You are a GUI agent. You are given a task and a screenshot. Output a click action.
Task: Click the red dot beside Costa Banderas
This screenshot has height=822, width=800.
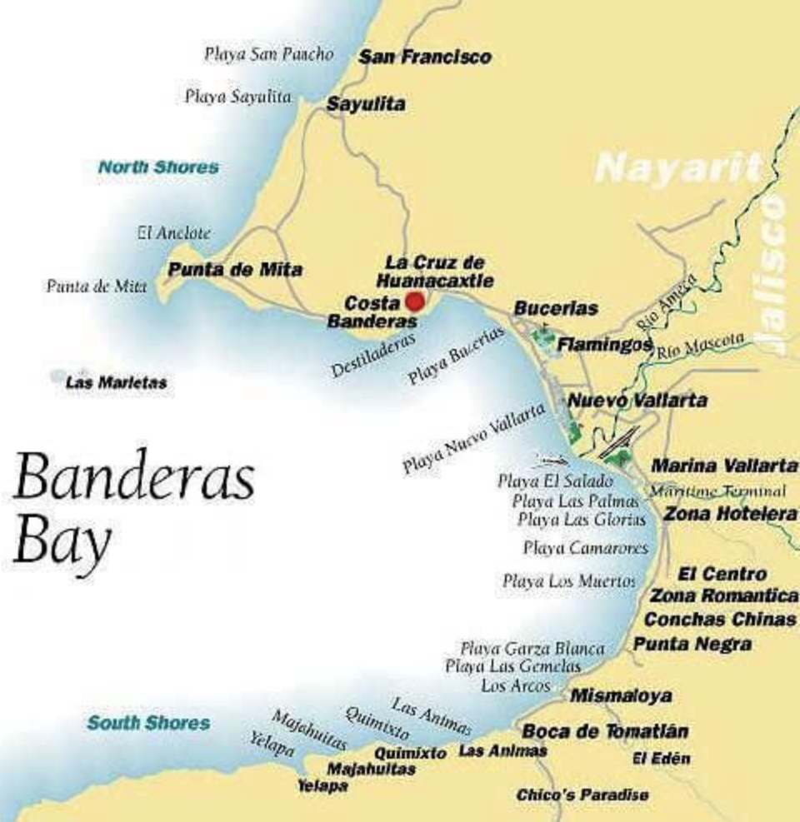point(414,301)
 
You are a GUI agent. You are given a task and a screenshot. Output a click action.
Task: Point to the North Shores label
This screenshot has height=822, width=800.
point(158,167)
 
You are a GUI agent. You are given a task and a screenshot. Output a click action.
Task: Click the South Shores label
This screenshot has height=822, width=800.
point(148,722)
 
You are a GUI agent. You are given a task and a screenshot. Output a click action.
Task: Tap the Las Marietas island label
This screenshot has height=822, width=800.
point(116,383)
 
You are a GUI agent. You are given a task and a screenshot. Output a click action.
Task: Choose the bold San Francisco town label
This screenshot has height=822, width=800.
point(424,57)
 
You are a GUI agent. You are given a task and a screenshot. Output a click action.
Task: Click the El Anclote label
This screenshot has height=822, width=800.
point(174,233)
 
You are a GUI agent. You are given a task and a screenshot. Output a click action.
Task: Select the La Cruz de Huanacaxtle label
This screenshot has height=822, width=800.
point(434,272)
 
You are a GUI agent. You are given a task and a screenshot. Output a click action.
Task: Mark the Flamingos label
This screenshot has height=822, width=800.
point(604,344)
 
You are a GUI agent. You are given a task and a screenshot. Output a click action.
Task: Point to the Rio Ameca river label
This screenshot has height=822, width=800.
point(664,306)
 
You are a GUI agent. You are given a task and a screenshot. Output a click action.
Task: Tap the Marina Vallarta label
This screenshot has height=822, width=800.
point(723,465)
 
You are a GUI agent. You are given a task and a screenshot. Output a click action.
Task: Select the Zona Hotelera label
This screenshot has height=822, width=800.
point(730,514)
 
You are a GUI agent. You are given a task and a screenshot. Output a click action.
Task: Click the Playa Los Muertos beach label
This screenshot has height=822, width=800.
point(569,580)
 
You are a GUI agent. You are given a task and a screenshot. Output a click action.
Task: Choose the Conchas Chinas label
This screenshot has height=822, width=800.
point(720,619)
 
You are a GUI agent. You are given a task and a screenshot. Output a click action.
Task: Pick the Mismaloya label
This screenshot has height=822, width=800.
point(621,695)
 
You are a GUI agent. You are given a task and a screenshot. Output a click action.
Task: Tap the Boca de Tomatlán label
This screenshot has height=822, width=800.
point(605,731)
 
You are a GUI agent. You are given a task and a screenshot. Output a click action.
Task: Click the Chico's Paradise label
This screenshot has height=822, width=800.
point(582,795)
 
